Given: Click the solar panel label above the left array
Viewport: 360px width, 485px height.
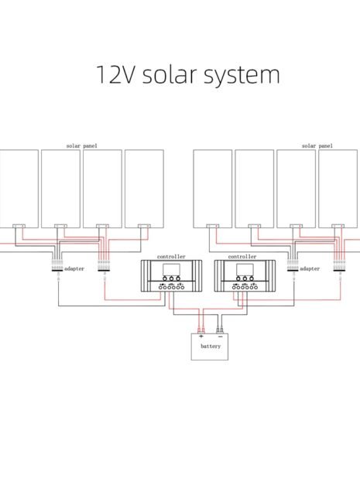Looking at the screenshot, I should click(82, 145).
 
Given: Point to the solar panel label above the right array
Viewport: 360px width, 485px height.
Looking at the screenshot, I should click(317, 145).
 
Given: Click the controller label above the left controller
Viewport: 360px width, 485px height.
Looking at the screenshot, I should click(171, 256).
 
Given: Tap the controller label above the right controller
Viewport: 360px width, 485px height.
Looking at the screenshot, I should click(242, 256).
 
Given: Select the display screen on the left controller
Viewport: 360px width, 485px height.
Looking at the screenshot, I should click(171, 272).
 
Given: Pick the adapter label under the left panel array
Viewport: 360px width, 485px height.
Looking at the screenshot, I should click(74, 268).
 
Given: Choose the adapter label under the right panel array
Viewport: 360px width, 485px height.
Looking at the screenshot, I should click(310, 268).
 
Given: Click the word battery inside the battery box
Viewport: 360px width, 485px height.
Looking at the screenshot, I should click(211, 347).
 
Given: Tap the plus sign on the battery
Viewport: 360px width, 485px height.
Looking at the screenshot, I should click(201, 336).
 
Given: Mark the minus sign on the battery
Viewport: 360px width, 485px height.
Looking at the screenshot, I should click(220, 336).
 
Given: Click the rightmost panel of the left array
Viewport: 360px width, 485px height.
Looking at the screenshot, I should click(144, 186).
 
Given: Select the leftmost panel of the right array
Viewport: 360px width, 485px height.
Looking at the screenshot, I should click(212, 186).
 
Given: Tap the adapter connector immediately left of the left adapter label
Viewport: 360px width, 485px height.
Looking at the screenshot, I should click(57, 268).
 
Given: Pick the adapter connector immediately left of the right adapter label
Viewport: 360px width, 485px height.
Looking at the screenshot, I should click(293, 268).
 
